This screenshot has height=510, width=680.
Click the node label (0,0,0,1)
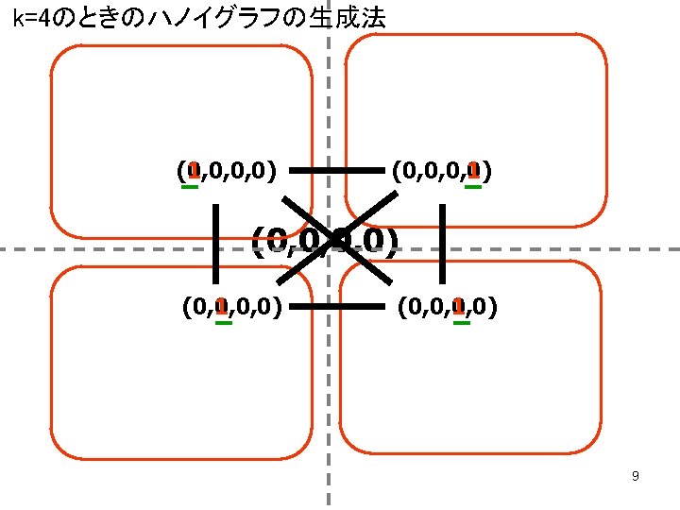pos(440,171)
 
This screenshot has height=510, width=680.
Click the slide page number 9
pos(636,476)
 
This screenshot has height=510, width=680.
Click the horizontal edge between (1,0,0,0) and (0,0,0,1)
pos(336,171)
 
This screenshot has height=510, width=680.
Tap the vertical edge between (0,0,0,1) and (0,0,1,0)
pos(441,243)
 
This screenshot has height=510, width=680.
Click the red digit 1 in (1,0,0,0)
pos(192,170)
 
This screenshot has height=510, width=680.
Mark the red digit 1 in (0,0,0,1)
pos(473,170)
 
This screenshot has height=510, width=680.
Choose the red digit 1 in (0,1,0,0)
pos(220,306)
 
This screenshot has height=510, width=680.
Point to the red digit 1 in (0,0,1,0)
pos(459,306)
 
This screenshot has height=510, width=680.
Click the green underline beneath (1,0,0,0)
pos(190,186)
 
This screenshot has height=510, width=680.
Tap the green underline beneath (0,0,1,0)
pos(462,322)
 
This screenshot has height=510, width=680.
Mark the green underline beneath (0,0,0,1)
pos(473,186)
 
